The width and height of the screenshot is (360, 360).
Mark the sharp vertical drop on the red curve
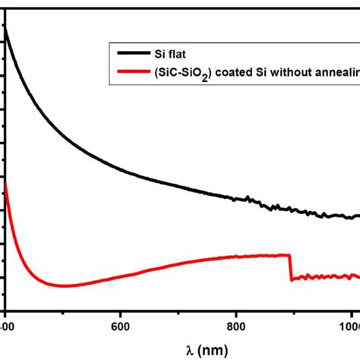pos(290,267)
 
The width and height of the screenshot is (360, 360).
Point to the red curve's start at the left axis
pos(6,183)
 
